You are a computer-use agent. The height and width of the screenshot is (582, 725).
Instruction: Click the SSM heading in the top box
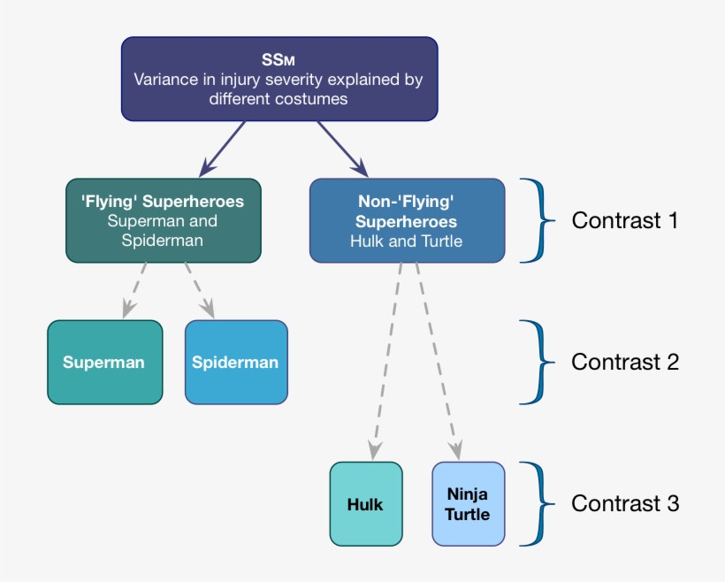click(x=279, y=59)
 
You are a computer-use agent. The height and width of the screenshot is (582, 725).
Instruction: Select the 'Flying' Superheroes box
click(x=164, y=220)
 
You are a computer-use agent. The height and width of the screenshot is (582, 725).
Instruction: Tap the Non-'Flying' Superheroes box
click(x=408, y=220)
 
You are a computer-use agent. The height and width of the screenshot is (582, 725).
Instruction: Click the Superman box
click(x=105, y=363)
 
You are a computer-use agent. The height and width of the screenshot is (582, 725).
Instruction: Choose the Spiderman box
click(x=236, y=363)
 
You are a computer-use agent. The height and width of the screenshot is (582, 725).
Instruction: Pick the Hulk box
click(x=366, y=504)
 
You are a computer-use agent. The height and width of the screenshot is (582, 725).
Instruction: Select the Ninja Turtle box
click(x=469, y=504)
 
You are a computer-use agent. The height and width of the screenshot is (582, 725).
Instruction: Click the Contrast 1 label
click(x=625, y=220)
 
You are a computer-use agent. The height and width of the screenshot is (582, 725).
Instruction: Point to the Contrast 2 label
click(x=625, y=362)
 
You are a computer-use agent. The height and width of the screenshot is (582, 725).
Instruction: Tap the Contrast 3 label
click(x=625, y=503)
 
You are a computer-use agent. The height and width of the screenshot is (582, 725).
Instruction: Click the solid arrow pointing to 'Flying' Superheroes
click(x=222, y=149)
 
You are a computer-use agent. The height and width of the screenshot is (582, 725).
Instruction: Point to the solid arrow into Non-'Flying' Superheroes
click(x=343, y=149)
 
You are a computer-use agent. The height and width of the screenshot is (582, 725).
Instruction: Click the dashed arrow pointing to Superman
click(x=134, y=290)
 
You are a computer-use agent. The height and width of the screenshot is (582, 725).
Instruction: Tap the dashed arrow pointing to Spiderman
click(x=200, y=290)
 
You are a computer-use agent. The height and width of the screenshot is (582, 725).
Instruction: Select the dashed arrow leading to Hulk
click(x=387, y=362)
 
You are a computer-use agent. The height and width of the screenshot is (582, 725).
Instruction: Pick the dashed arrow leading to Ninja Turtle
click(x=438, y=362)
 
